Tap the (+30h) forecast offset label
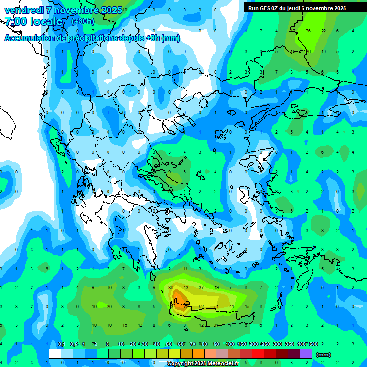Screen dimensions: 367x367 click(83, 21)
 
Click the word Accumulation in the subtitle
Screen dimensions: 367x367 click(30, 38)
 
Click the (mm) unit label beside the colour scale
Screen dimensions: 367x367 click(324, 355)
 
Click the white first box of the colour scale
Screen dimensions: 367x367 click(54, 354)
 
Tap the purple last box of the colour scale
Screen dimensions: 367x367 click(306, 354)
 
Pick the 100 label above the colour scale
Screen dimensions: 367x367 click(230, 345)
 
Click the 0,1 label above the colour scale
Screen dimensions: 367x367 click(62, 345)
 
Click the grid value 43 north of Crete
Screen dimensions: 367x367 click(186, 287)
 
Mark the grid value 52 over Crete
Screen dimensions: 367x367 click(201, 306)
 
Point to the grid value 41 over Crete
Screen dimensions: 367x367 click(232, 306)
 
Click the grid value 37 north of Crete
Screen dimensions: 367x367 click(201, 287)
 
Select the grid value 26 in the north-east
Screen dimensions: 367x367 click(308, 31)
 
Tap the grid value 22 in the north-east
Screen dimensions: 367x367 click(324, 31)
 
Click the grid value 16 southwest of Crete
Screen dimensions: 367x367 click(94, 306)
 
